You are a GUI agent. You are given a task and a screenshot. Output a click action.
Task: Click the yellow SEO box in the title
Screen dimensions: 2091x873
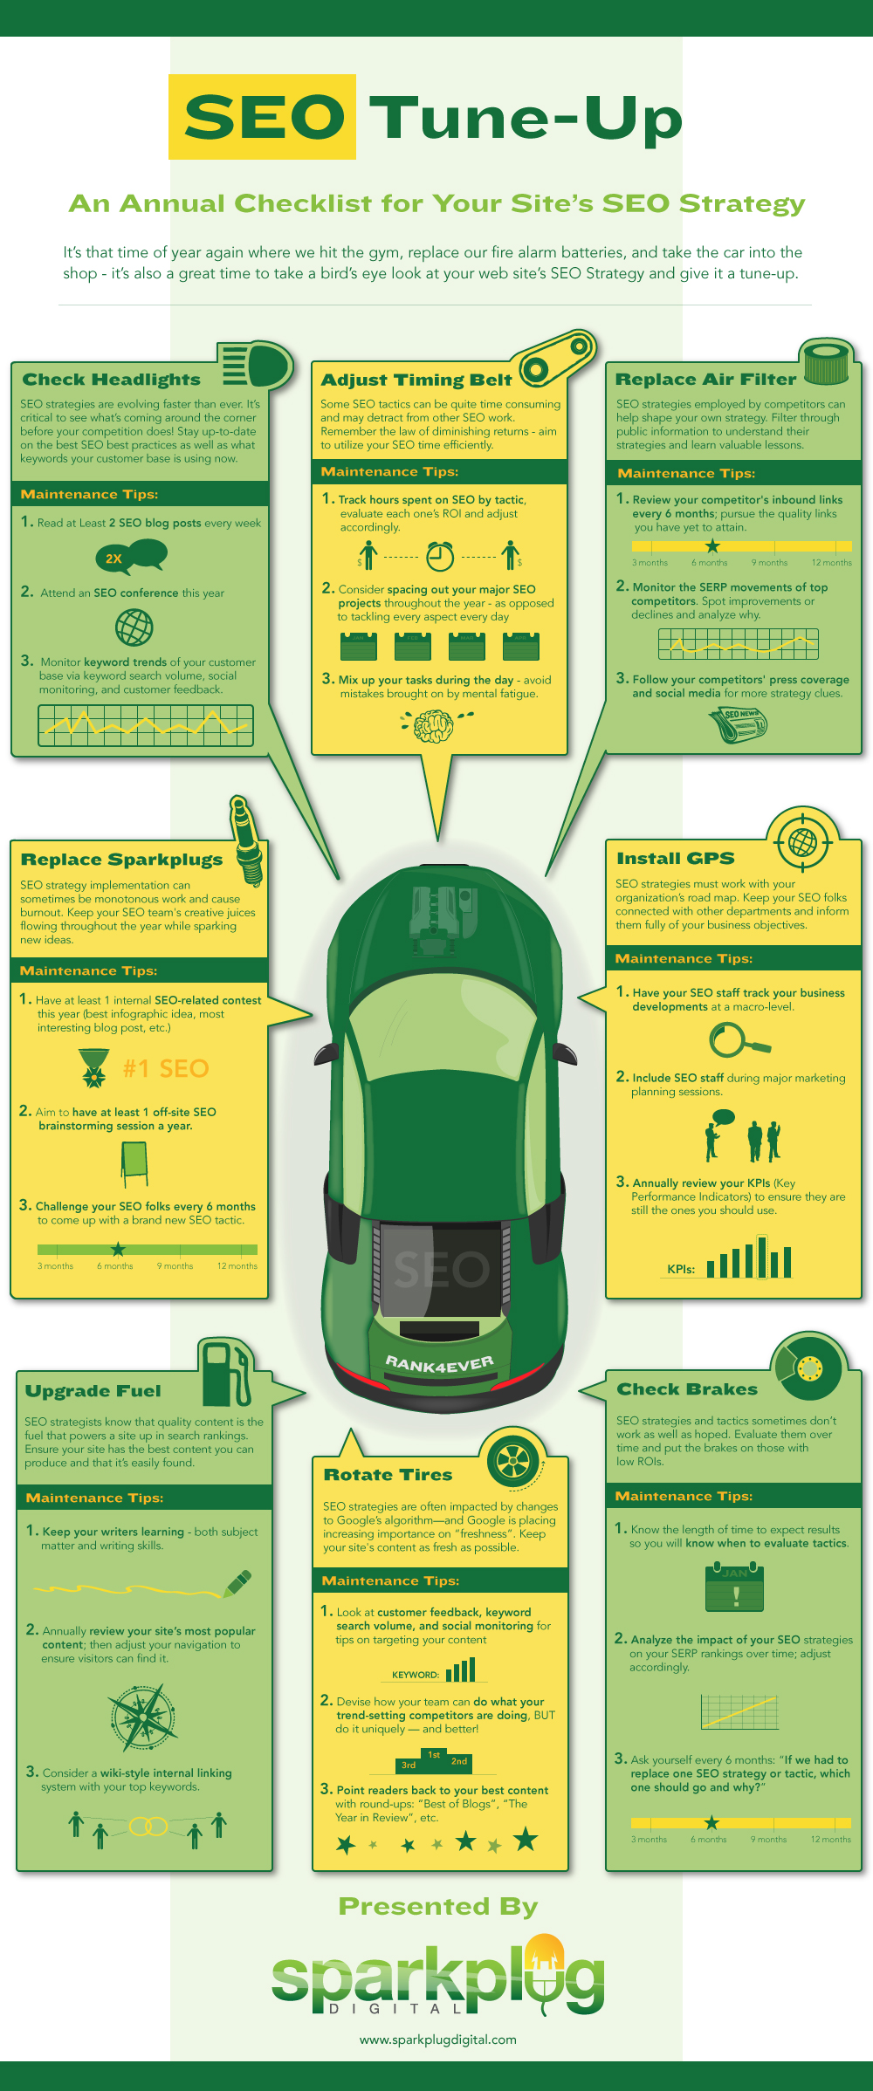[x=262, y=117]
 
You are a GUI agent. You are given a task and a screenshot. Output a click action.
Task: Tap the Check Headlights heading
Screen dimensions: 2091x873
[x=111, y=380]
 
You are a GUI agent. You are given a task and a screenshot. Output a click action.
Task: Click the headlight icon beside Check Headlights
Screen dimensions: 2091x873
[x=258, y=365]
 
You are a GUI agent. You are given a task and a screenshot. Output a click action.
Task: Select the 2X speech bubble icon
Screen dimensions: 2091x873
[x=130, y=556]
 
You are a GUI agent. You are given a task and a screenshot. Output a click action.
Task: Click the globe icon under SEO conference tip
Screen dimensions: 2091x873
[x=134, y=627]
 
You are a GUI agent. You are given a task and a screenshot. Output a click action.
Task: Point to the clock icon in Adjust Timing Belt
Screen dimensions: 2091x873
[x=440, y=555]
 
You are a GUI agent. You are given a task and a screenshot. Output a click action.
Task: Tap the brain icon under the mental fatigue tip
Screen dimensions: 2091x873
[x=434, y=725]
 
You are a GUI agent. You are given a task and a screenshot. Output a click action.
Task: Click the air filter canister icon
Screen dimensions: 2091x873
[x=825, y=361]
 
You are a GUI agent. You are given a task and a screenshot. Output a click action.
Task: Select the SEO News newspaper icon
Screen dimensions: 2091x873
[x=739, y=723]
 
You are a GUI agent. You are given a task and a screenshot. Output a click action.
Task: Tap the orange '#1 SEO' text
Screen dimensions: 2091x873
[x=166, y=1068]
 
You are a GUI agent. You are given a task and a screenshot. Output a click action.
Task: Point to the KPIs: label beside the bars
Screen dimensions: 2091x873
[x=681, y=1269]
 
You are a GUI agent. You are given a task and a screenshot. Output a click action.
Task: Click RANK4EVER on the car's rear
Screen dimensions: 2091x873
[x=439, y=1363]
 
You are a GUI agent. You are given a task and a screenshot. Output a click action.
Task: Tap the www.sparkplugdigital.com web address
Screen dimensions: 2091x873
[x=438, y=2040]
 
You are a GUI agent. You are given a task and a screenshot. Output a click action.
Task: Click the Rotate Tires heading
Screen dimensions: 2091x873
[x=388, y=1475]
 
